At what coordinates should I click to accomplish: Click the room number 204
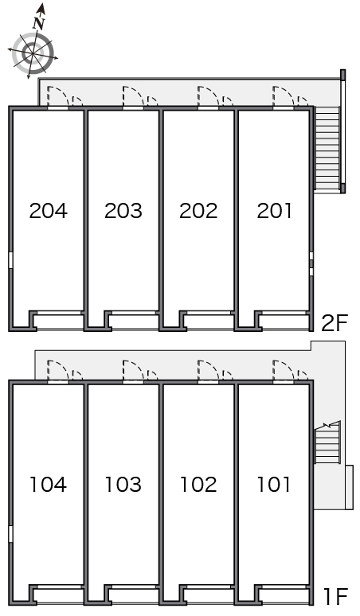tap(49, 211)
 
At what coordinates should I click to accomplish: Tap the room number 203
tap(123, 211)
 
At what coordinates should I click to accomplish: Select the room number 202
tap(198, 211)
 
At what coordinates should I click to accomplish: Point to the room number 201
tap(274, 211)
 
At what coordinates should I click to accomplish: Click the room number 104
tap(49, 485)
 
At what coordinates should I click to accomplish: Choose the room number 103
tap(123, 485)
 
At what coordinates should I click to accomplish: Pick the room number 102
tap(198, 485)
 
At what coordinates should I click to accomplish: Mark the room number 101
tap(274, 485)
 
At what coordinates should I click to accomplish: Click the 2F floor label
tap(335, 323)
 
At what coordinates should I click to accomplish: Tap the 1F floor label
tap(336, 597)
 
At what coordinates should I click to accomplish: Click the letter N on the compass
tap(39, 23)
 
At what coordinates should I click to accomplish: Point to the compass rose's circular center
tap(32, 53)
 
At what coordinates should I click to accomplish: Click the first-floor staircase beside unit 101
tap(327, 443)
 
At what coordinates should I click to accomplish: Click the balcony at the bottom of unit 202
tap(209, 321)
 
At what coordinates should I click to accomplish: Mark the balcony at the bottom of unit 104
tap(58, 595)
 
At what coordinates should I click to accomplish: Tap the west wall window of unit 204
tap(10, 260)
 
